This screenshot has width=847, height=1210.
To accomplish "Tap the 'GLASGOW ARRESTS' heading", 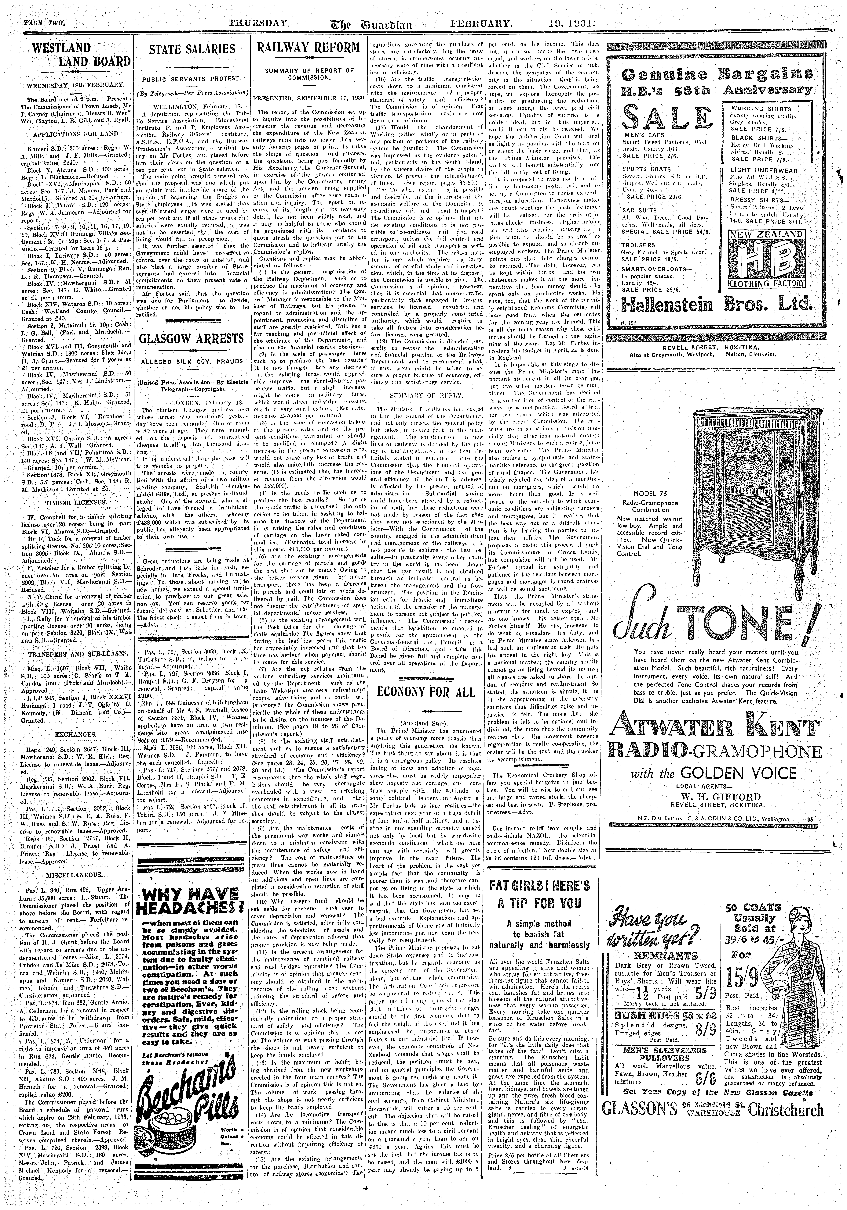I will coord(192,338).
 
